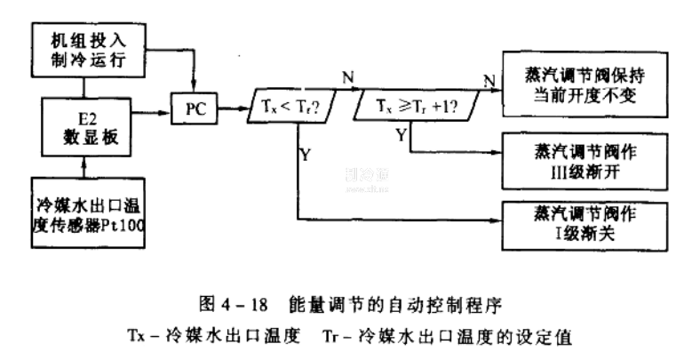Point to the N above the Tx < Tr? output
point(348,76)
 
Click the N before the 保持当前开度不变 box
point(488,82)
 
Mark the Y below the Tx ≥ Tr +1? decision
point(402,136)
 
